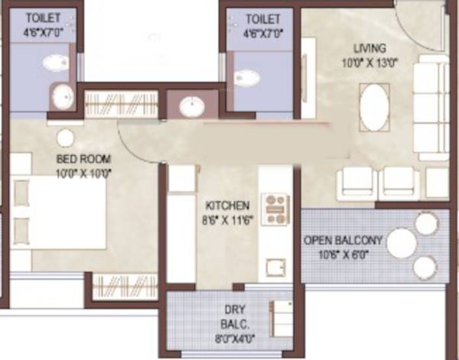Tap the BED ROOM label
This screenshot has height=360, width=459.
click(84, 159)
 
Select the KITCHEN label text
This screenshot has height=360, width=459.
click(227, 205)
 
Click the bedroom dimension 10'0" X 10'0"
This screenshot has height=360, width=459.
click(84, 173)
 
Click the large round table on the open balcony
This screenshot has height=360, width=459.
click(401, 244)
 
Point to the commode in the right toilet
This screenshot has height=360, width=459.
click(246, 76)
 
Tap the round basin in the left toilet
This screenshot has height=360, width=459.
click(62, 97)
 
